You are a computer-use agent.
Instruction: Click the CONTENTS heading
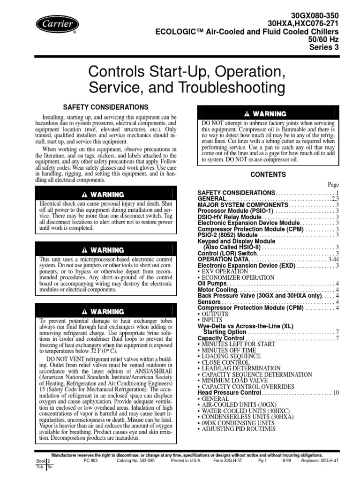tap(268, 174)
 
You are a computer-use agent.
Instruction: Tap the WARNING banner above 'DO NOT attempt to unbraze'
tap(268, 114)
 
